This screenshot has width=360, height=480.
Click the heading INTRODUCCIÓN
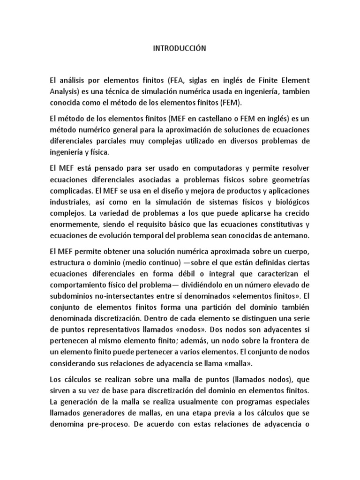[x=180, y=48]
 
